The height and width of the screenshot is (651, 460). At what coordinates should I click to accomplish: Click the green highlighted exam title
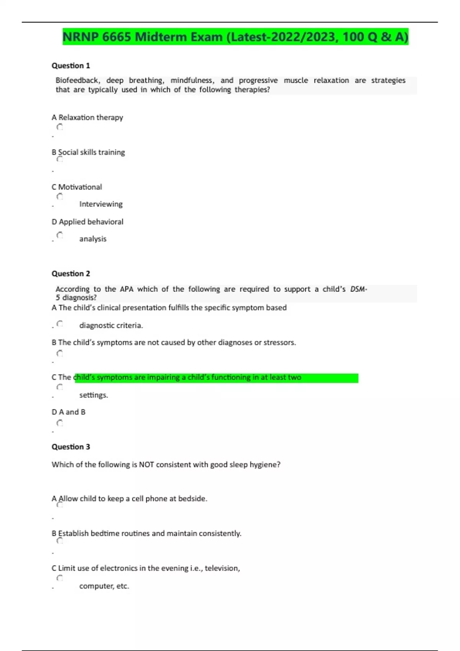click(235, 37)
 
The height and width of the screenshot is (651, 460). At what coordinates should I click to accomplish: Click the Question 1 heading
click(71, 65)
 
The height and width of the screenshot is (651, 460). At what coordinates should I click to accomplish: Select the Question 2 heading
click(71, 273)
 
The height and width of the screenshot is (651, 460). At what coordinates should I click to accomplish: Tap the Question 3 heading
click(71, 447)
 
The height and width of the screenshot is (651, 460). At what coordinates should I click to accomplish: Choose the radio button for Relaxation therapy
click(60, 127)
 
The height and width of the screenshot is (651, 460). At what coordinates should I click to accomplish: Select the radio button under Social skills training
click(60, 159)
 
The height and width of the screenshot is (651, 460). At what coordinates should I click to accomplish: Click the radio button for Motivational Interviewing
click(60, 196)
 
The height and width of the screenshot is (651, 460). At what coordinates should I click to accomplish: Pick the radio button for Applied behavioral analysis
click(60, 235)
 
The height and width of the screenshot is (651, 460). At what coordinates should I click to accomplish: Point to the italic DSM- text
click(358, 289)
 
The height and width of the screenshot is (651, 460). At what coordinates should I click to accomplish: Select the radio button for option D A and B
click(60, 423)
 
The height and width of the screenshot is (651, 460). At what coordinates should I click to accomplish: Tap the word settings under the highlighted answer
click(94, 395)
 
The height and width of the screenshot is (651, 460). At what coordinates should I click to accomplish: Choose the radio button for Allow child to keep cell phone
click(60, 505)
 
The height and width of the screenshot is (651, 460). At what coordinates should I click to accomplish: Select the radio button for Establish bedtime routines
click(60, 540)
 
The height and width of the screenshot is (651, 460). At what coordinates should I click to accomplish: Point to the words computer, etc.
click(104, 586)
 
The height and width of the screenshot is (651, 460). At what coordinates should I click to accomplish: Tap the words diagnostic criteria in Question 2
click(111, 325)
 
